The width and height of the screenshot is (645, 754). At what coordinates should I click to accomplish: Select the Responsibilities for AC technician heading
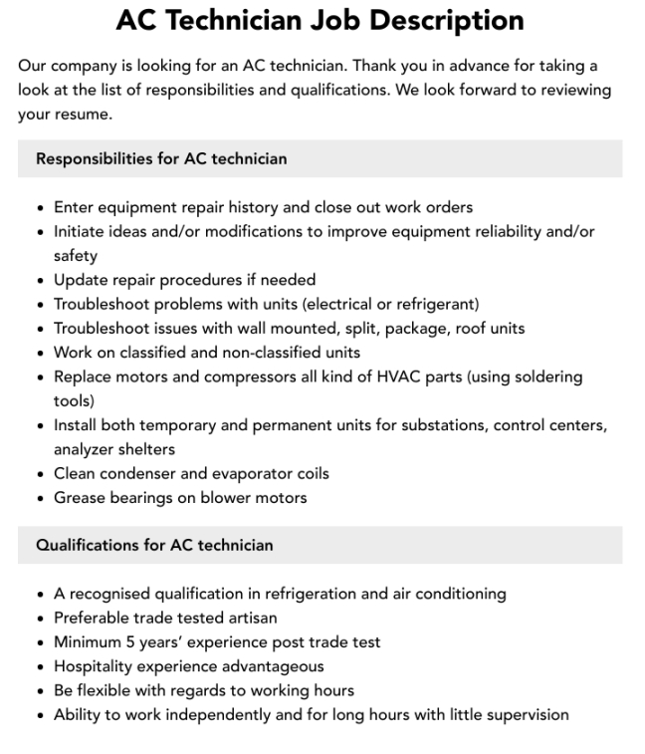(161, 158)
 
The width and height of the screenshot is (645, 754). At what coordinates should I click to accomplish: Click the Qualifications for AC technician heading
(154, 545)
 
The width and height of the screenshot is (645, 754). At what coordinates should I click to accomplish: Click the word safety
(76, 256)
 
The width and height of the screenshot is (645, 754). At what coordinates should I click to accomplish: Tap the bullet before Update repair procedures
(39, 281)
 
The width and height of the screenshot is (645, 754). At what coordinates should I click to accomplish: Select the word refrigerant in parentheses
(435, 304)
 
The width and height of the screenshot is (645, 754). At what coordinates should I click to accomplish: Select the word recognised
(109, 594)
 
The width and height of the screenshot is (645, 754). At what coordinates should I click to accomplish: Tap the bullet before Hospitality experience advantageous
(39, 666)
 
